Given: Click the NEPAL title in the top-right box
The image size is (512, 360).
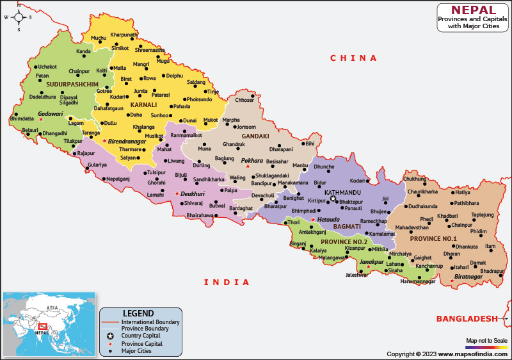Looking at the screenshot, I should tap(473, 10).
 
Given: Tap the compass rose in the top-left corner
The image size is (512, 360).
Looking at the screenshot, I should tap(19, 17).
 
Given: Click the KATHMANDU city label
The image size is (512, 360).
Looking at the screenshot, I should tap(342, 192).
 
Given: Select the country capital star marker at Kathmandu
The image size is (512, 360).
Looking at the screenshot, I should tap(333, 199).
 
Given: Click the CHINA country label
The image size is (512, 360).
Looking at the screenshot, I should tap(353, 58).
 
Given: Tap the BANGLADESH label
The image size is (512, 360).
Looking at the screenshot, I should tap(467, 318).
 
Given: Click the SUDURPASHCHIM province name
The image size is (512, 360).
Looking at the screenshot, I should tap(72, 85).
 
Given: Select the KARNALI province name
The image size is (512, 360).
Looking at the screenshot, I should tap(143, 104).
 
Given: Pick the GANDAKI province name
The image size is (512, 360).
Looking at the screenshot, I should tap(255, 136).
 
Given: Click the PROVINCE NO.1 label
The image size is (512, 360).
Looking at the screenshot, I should tap(433, 239).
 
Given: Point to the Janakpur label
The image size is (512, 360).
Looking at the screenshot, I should tap(371, 262).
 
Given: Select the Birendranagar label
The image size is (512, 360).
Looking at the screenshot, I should tap(127, 141).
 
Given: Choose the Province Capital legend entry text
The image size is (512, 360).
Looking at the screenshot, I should tap(143, 343).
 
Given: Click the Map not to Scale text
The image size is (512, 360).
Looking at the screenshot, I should tap(486, 340).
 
